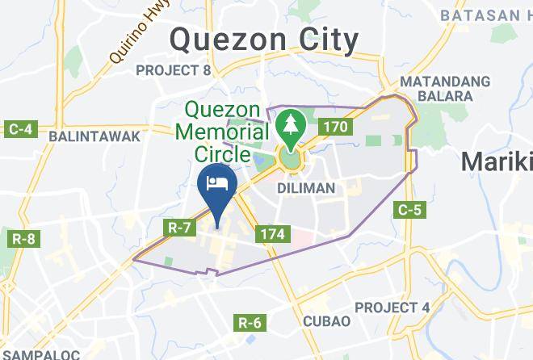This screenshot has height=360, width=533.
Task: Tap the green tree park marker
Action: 289,126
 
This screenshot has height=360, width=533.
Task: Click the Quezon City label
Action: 265,39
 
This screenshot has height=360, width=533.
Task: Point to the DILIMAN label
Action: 305,187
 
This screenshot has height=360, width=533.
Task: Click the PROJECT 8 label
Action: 173,71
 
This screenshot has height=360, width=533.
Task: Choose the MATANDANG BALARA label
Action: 445,89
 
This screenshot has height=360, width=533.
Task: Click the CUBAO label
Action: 326,320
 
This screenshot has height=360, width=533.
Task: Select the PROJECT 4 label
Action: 392,308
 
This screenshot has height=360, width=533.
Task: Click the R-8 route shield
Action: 23,238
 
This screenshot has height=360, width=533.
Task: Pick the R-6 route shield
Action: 250,324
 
